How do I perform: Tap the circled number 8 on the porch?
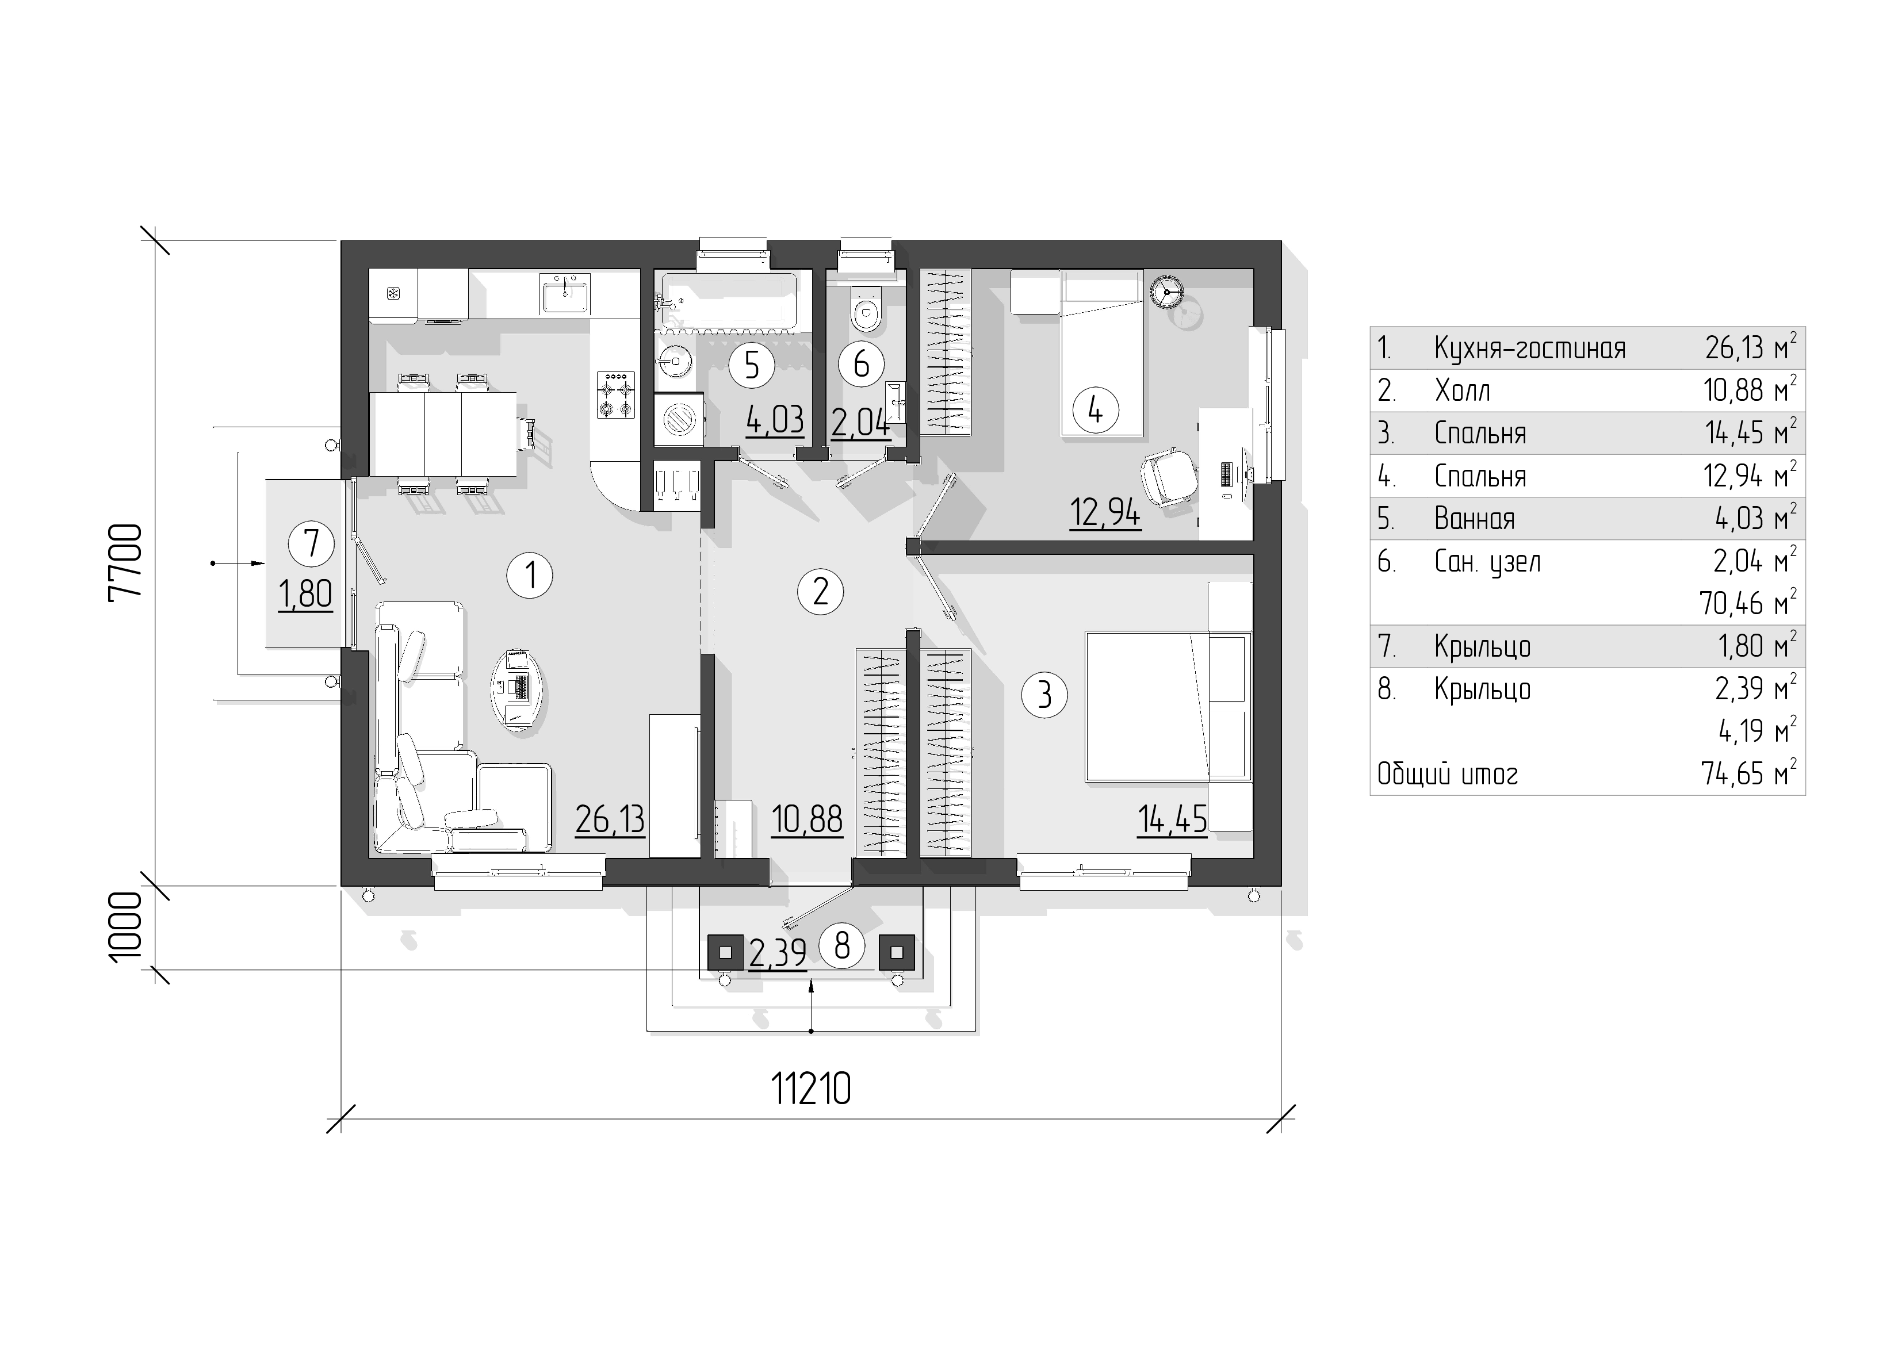841,945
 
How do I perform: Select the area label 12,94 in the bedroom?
1105,514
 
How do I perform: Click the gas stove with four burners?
615,394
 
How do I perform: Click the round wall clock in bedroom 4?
1166,291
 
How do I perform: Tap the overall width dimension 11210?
811,1089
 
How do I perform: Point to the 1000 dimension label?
126,928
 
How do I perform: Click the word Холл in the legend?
1462,390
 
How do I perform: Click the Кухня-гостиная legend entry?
1529,348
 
